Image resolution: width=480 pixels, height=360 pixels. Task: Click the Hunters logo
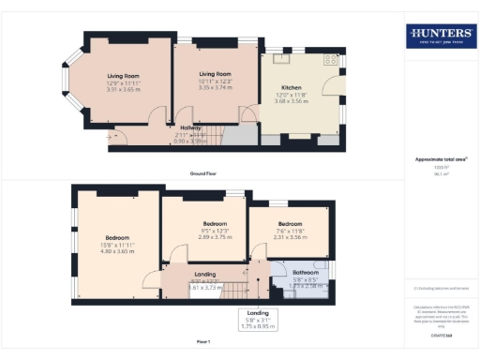(x=440, y=37)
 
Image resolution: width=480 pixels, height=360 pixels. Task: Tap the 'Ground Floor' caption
(x=203, y=174)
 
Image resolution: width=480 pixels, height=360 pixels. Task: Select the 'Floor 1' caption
(x=203, y=340)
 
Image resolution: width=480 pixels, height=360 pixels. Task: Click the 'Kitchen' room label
(x=292, y=86)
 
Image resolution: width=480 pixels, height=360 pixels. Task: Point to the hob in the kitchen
(x=329, y=59)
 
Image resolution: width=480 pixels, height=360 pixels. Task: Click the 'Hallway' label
(x=192, y=127)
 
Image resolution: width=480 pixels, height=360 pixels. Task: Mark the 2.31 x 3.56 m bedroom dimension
(x=290, y=237)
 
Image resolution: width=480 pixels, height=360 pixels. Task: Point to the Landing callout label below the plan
(x=250, y=319)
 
